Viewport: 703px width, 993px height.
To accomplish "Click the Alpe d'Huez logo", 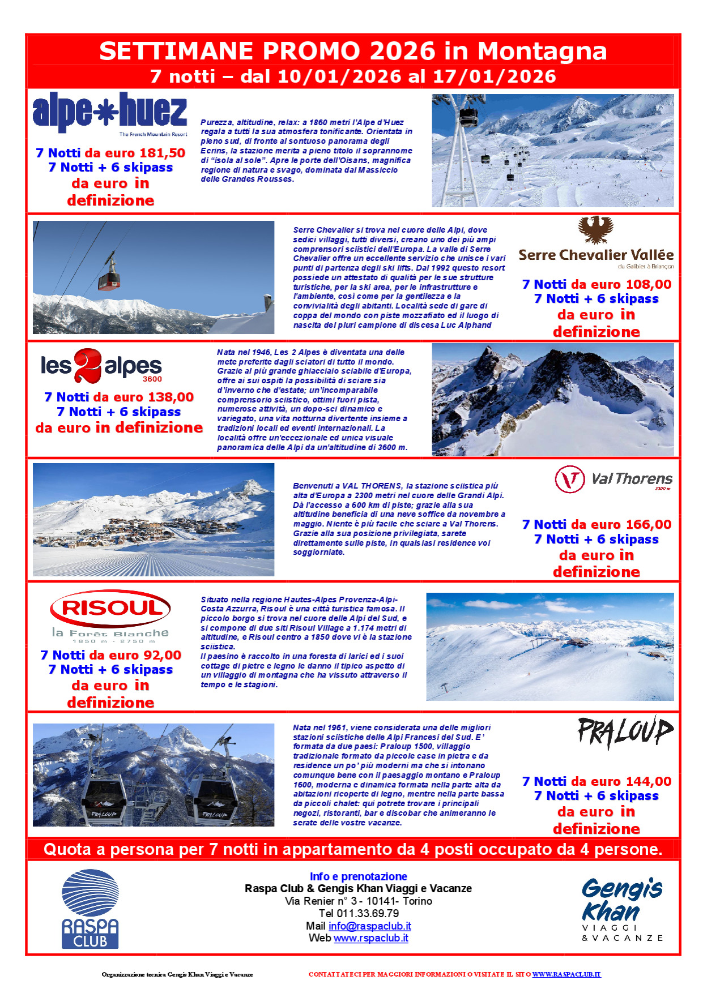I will coord(109,113).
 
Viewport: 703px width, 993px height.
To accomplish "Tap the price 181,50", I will coord(161,153).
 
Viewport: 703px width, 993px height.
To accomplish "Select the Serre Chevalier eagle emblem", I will coord(595,230).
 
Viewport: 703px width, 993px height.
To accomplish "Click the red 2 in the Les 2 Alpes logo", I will coord(88,365).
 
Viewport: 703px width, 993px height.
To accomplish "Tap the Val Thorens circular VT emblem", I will coord(570,479).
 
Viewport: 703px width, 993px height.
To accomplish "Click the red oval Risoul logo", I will coord(110,609).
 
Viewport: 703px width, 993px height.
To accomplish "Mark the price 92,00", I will coord(161,655).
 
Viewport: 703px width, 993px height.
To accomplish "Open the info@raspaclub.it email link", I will coord(369,926).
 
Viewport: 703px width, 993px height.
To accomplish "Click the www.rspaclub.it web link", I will coord(370,938).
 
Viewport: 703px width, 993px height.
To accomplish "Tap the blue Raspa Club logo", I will coord(90,909).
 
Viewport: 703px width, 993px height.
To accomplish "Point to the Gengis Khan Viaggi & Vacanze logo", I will coord(622,909).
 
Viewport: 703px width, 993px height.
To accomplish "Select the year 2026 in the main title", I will coord(402,51).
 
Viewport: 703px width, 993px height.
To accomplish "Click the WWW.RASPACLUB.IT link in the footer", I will coord(566,974).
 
